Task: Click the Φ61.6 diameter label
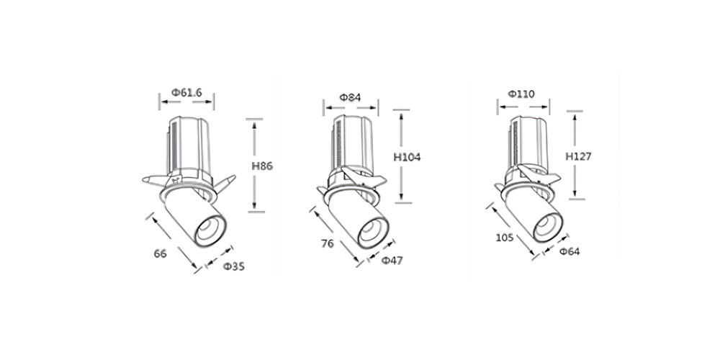pyautogui.click(x=186, y=92)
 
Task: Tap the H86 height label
pyautogui.click(x=262, y=166)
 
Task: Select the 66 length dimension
pyautogui.click(x=160, y=253)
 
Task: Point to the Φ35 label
pyautogui.click(x=234, y=266)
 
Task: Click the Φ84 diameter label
pyautogui.click(x=350, y=97)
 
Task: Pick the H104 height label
pyautogui.click(x=407, y=157)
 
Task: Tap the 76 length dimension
pyautogui.click(x=328, y=243)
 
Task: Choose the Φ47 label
pyautogui.click(x=392, y=261)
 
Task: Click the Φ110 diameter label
pyautogui.click(x=521, y=94)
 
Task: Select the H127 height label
pyautogui.click(x=578, y=156)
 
